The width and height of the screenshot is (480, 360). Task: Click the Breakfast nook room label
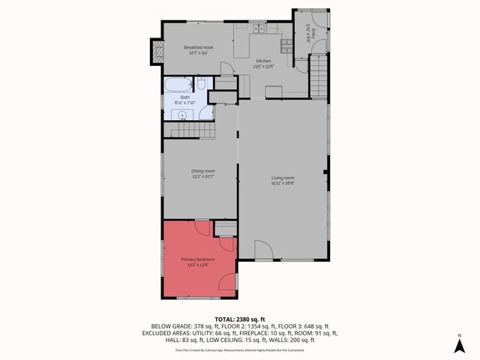(199, 48)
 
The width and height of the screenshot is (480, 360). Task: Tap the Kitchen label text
(263, 60)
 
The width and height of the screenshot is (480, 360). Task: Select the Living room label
(283, 178)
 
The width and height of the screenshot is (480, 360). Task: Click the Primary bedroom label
(198, 259)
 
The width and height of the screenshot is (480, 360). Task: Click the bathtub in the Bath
(178, 85)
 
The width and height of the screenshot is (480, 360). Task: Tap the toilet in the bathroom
(202, 114)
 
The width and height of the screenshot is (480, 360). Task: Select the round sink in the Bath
(182, 115)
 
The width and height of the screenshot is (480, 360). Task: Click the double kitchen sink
(259, 29)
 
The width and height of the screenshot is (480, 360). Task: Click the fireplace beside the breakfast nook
(157, 52)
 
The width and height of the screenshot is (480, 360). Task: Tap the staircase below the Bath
(193, 132)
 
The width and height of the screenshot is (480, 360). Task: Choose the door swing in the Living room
(259, 250)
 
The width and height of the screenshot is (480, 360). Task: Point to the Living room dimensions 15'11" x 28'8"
(283, 183)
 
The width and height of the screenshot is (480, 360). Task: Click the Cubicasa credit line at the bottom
(240, 349)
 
